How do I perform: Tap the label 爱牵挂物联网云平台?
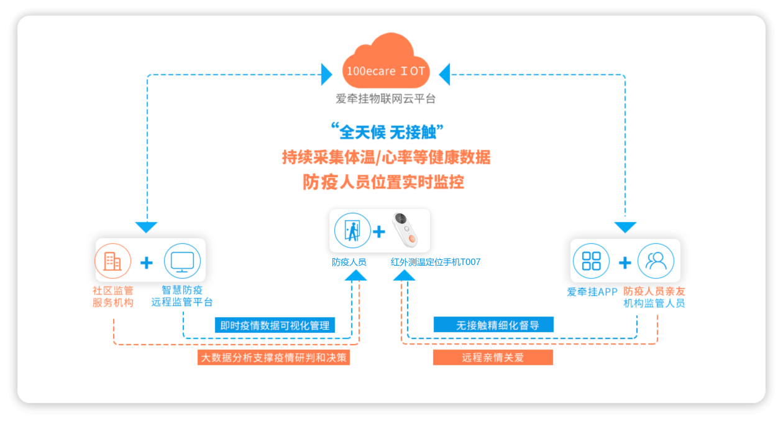coord(385,98)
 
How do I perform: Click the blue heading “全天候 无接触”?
coord(386,132)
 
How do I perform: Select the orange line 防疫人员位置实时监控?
coord(383,182)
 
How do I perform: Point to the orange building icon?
coord(112,261)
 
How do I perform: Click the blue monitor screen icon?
coord(182,261)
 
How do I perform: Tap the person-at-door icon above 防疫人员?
coord(352,231)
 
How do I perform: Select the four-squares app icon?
coord(591,261)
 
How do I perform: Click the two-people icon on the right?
coord(656,261)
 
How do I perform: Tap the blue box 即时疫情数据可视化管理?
coord(276,325)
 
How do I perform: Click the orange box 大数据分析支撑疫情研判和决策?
coord(274,357)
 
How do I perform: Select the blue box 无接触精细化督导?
coord(493,325)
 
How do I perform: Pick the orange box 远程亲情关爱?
coord(493,357)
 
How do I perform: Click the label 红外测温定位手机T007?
coord(436,263)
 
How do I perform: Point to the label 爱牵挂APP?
coord(591,292)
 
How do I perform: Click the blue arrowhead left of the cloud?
coord(326,75)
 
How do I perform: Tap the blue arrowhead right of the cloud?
coord(444,75)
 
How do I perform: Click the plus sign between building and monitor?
coord(147,263)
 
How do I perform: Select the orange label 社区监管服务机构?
coord(112,297)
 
